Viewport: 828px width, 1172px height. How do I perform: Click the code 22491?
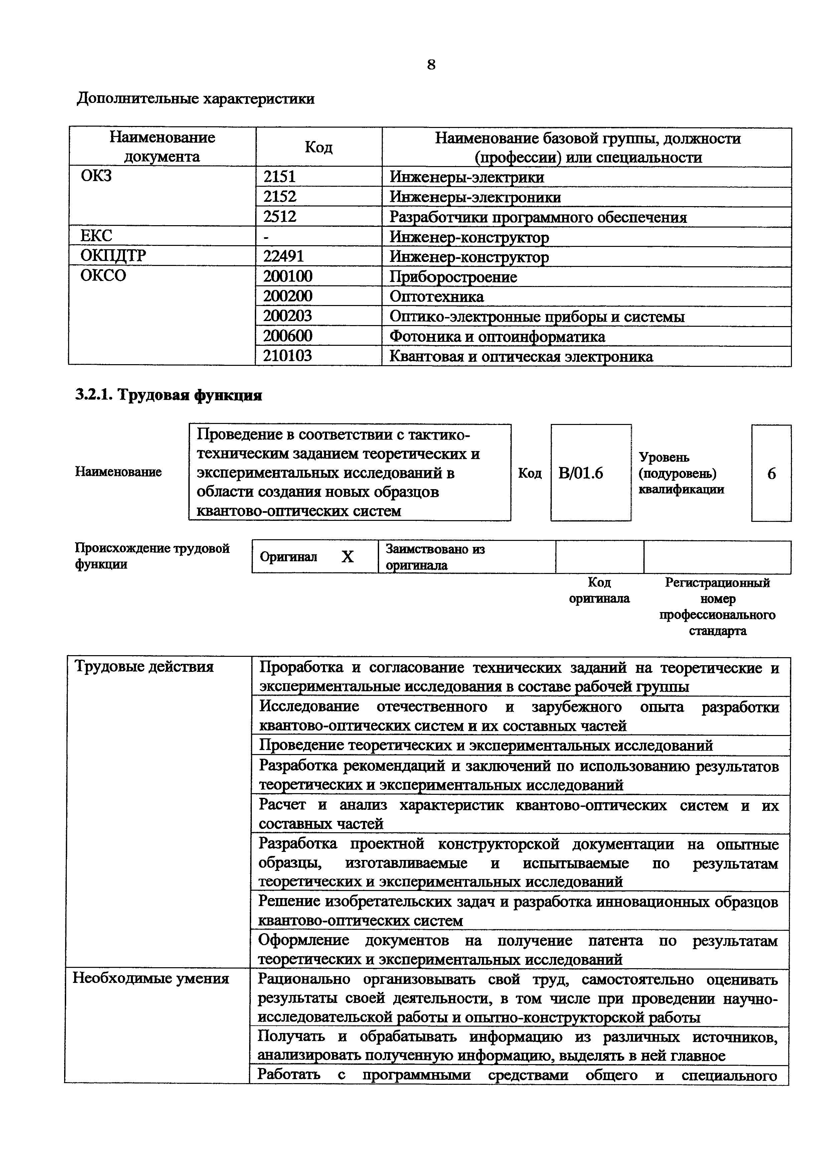[283, 256]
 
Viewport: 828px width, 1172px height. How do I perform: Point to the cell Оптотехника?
[436, 296]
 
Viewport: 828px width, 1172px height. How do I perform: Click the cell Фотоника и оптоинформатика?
[497, 336]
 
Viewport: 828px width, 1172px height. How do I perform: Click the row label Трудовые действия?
[144, 667]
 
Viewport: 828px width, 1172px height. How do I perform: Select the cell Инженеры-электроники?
[475, 197]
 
